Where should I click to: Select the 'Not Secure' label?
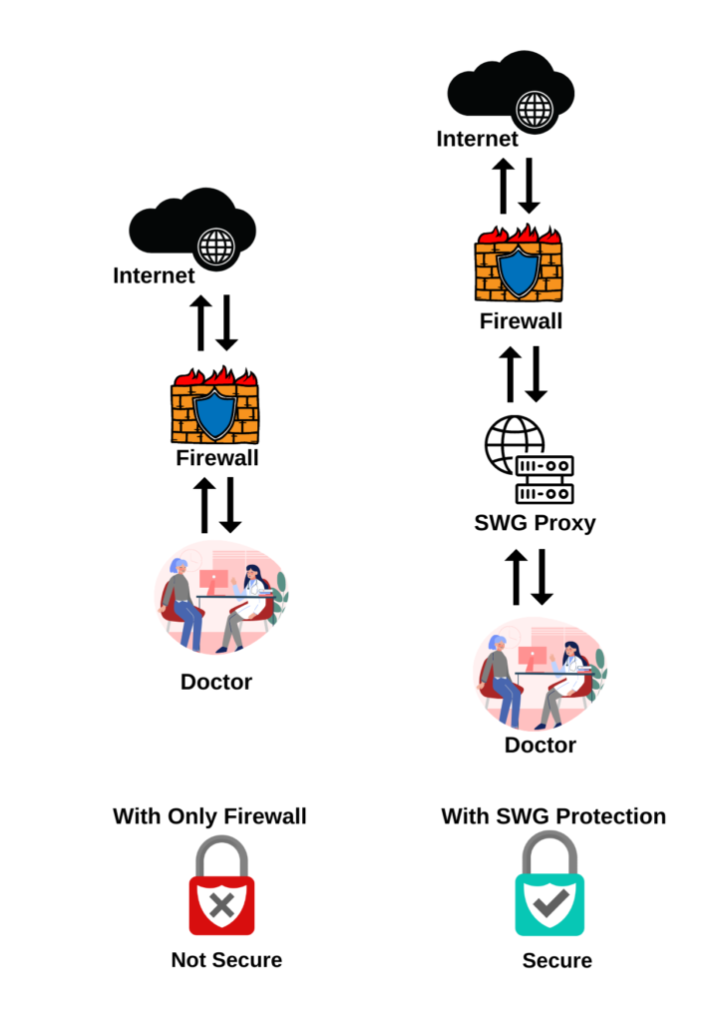tap(226, 960)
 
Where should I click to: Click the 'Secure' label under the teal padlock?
tap(556, 961)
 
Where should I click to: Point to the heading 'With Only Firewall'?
tap(209, 816)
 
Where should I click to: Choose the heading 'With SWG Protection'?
tap(553, 816)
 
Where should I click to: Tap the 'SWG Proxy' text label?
tap(536, 523)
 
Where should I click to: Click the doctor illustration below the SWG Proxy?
tap(540, 675)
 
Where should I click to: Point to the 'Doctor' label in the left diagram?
tap(216, 683)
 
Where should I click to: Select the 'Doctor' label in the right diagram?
tap(540, 746)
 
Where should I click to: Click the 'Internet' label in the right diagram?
tap(478, 139)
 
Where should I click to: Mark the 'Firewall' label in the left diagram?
tap(217, 458)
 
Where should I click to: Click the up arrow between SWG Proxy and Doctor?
tap(516, 576)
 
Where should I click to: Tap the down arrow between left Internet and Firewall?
tap(227, 322)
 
